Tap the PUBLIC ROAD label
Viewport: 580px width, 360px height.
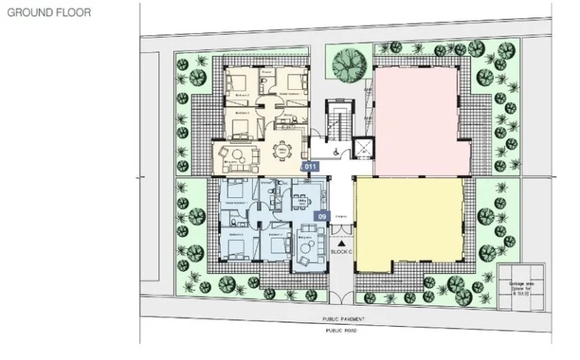point(339,331)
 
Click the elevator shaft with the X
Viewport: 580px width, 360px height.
point(363,148)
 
